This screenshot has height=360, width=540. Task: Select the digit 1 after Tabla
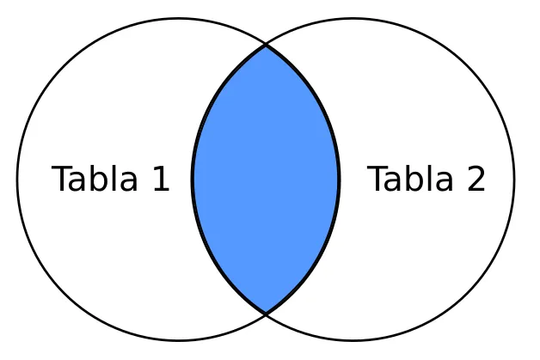point(160,180)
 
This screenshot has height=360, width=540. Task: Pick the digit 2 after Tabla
point(476,180)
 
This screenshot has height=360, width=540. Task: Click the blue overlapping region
point(266,180)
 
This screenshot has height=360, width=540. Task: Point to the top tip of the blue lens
point(266,46)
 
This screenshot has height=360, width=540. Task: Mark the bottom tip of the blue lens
point(266,314)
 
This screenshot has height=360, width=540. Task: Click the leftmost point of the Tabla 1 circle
point(17,180)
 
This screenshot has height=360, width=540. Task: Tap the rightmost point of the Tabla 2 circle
point(514,180)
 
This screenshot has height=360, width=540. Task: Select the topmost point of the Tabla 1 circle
point(178,19)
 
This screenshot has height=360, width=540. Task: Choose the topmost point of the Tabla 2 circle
point(353,19)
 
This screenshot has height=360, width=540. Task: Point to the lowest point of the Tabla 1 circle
point(178,340)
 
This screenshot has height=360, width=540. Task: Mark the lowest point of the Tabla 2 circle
point(353,340)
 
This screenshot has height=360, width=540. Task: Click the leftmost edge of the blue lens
point(193,180)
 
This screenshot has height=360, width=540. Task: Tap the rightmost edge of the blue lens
point(339,180)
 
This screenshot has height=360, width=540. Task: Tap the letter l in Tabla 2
point(430,178)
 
